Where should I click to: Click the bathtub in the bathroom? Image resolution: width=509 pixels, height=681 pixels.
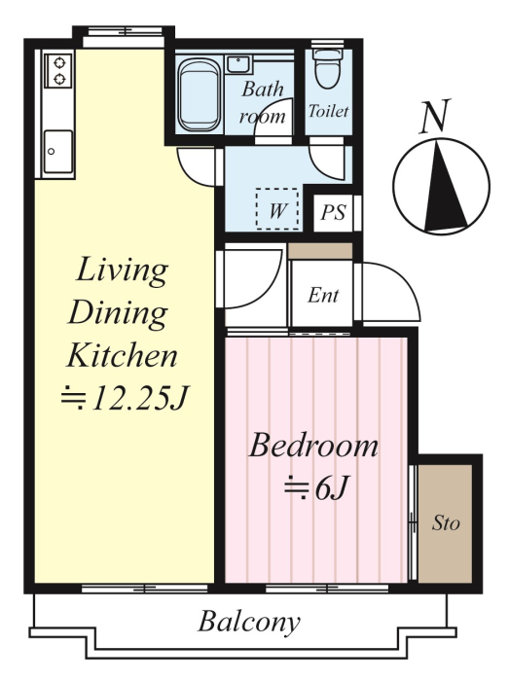click(199, 95)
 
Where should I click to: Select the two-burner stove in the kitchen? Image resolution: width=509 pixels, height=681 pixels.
click(58, 70)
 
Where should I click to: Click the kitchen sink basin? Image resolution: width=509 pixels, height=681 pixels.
click(57, 151)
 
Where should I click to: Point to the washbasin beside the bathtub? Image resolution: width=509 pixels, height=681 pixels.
click(238, 65)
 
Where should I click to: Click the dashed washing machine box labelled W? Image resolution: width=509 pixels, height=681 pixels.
click(277, 209)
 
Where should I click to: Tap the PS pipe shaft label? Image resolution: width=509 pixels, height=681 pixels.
click(333, 213)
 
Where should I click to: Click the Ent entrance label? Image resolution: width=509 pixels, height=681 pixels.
click(323, 296)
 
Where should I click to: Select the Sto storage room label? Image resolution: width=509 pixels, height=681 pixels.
click(446, 523)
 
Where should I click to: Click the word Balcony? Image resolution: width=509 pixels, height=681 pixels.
click(249, 622)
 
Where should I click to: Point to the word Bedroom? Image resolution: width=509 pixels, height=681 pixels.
click(313, 446)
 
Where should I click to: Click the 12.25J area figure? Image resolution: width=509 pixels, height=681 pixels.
click(140, 398)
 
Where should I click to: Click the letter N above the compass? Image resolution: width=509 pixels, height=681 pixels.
click(435, 116)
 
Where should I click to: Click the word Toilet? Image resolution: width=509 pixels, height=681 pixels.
click(328, 112)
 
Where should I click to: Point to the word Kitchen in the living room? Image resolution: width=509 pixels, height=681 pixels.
click(122, 356)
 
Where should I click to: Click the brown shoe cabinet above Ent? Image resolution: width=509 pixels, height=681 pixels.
click(320, 251)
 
